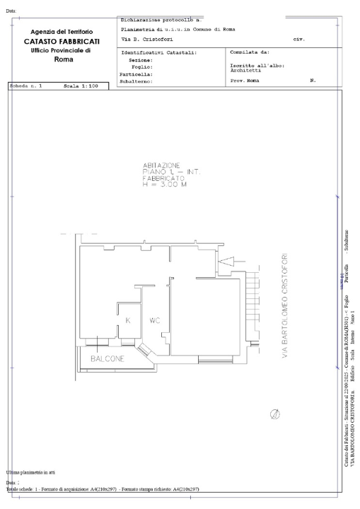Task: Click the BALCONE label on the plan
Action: click(x=107, y=358)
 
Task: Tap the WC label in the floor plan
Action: click(x=156, y=320)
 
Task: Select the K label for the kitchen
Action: click(x=128, y=320)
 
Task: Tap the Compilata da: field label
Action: click(x=250, y=52)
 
